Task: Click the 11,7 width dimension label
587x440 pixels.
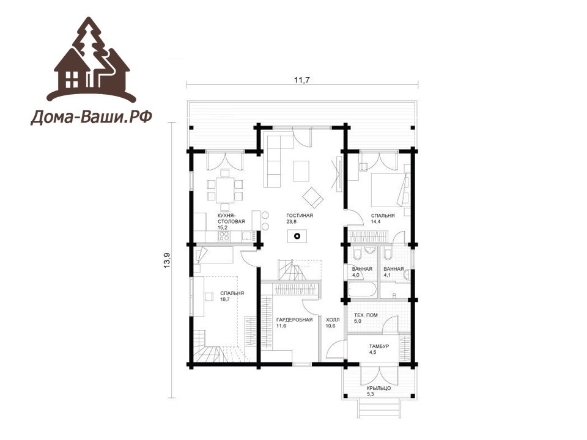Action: [x=302, y=79]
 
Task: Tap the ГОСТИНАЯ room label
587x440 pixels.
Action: [x=300, y=216]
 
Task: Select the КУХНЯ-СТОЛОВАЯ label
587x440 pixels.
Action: [x=231, y=219]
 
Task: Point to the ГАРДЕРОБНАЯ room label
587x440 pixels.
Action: [x=294, y=320]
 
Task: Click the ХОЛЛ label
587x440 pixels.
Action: [x=333, y=320]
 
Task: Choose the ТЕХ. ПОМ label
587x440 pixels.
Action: [x=366, y=315]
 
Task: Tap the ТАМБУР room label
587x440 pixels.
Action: [x=379, y=346]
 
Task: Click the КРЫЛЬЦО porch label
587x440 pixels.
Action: [x=378, y=389]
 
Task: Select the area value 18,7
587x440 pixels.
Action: [x=224, y=299]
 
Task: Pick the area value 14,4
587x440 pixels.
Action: [x=375, y=221]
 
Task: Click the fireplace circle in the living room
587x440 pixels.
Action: [x=297, y=236]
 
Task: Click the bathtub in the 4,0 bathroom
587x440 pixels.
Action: [x=361, y=290]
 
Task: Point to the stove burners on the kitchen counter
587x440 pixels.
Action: [x=224, y=236]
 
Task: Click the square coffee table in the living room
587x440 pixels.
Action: [x=301, y=170]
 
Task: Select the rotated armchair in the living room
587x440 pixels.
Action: [x=312, y=197]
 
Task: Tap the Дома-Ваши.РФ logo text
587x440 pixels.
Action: [x=91, y=117]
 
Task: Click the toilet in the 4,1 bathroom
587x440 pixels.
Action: [x=388, y=254]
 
